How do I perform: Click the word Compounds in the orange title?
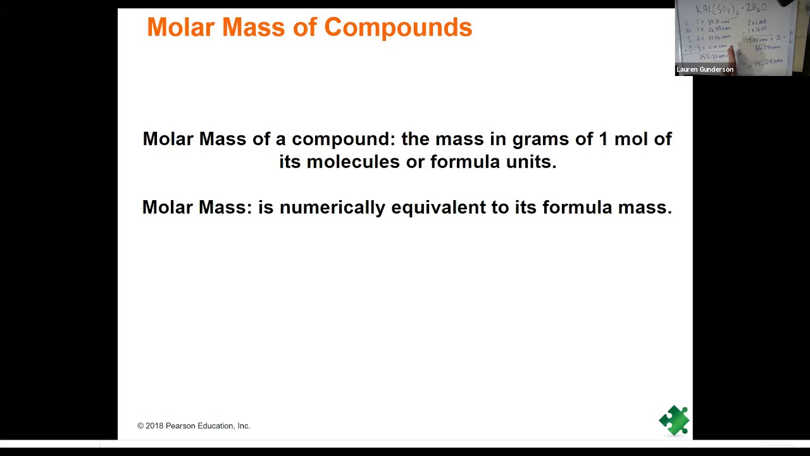pyautogui.click(x=397, y=28)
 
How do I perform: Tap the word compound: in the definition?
pyautogui.click(x=344, y=139)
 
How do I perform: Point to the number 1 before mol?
pyautogui.click(x=603, y=139)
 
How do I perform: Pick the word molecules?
pyautogui.click(x=353, y=162)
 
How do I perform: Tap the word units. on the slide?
pyautogui.click(x=532, y=162)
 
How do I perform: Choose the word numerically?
pyautogui.click(x=332, y=208)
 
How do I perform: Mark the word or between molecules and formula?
pyautogui.click(x=415, y=162)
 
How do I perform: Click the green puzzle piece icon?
pyautogui.click(x=674, y=420)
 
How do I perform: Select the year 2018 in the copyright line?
pyautogui.click(x=154, y=426)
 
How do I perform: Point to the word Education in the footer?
pyautogui.click(x=216, y=426)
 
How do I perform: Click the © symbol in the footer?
pyautogui.click(x=140, y=426)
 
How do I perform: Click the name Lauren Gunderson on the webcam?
pyautogui.click(x=704, y=70)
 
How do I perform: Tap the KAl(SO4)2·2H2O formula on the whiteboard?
pyautogui.click(x=731, y=9)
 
